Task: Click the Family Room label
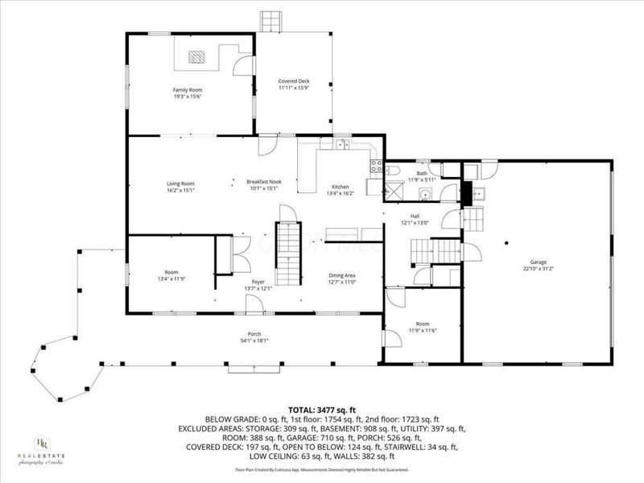(187, 89)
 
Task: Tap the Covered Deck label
(294, 81)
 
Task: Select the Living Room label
(181, 184)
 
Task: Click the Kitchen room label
(341, 187)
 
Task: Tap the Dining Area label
(342, 275)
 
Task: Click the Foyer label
(258, 282)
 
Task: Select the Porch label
(254, 334)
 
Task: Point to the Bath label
(422, 173)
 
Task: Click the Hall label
(415, 216)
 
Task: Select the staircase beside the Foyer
(288, 242)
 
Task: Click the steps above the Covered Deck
(271, 21)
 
